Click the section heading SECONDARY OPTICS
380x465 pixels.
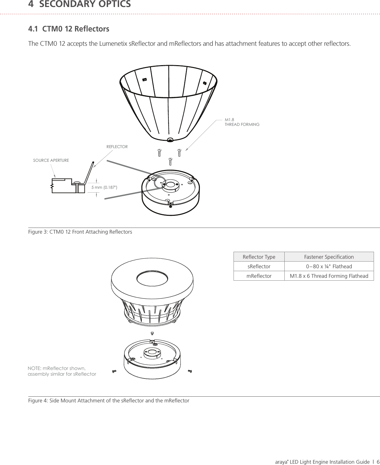pos(85,4)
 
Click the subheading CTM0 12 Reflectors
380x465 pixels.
pos(75,29)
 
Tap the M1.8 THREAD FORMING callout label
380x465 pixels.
pos(241,122)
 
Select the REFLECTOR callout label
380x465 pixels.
pos(117,147)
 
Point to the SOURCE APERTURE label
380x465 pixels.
pos(51,160)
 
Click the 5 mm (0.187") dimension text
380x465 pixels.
pos(104,187)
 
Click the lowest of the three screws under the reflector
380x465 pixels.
pos(170,161)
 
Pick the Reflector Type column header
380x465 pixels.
pos(259,257)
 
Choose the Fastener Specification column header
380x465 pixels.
pos(329,257)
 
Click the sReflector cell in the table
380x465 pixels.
pos(259,266)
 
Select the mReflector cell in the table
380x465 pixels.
pos(259,276)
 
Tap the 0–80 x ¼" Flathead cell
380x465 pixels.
pos(329,266)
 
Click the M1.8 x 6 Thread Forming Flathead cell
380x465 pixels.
pos(329,276)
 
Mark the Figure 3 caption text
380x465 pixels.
pos(80,232)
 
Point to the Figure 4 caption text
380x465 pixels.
pos(109,400)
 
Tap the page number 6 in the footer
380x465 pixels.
pos(378,462)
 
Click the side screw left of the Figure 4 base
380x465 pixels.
pos(114,371)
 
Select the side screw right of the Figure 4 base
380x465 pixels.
pos(190,371)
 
